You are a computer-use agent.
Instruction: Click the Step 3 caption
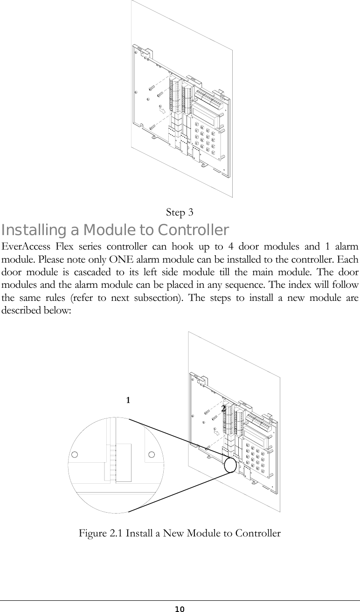click(180, 213)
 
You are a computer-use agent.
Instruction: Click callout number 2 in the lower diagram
click(223, 408)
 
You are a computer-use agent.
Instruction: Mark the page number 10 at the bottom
click(180, 609)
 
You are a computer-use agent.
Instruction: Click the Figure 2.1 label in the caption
click(100, 533)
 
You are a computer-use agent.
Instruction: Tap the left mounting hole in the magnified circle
click(75, 455)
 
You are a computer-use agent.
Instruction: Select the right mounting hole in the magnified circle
click(152, 454)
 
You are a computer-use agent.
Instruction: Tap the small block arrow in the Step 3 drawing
click(161, 111)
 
